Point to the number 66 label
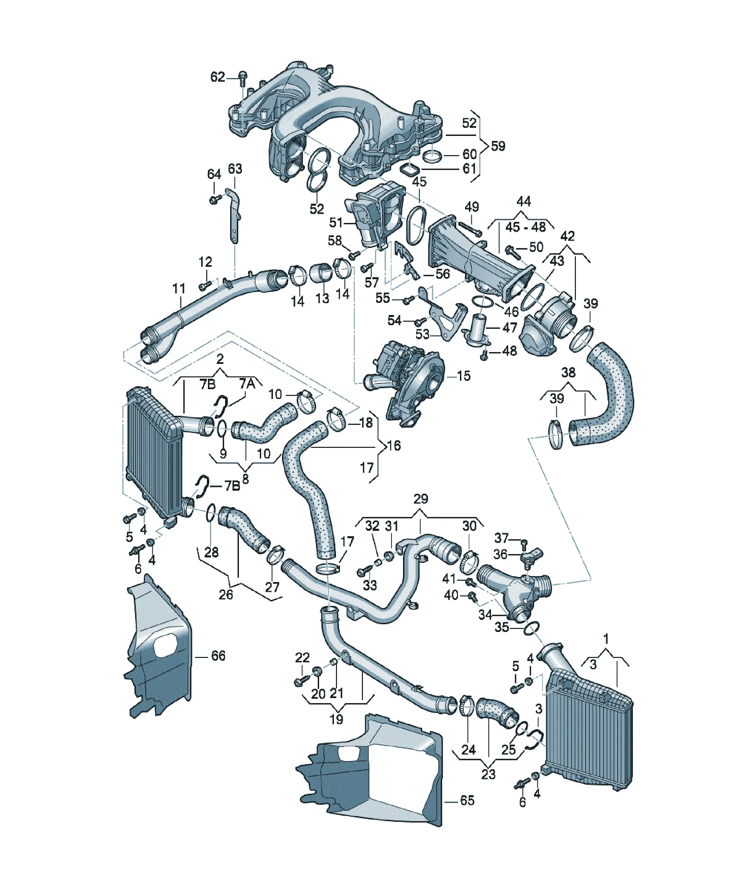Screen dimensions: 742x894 [218, 655]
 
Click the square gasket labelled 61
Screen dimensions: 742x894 [409, 170]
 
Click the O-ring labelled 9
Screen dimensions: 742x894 [222, 429]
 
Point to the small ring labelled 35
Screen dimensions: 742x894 [532, 628]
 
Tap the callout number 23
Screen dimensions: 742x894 [488, 774]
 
